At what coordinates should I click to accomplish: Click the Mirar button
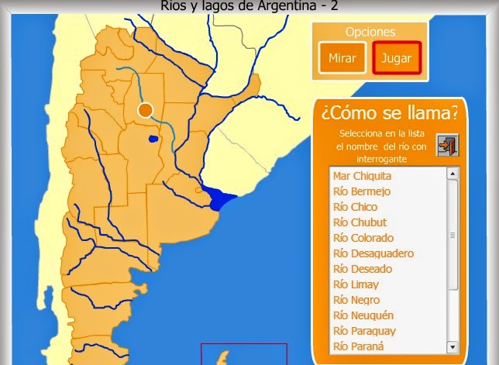[342, 57]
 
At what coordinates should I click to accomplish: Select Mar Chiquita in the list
[362, 176]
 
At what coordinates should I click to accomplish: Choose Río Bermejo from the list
[361, 191]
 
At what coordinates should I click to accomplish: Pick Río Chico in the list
[355, 207]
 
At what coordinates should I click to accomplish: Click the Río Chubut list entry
[360, 222]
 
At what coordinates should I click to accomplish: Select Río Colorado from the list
[363, 238]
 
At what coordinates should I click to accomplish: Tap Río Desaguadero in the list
[373, 253]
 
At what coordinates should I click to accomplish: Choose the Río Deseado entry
[363, 269]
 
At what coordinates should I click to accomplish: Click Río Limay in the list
[356, 284]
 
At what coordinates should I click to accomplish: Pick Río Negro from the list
[356, 300]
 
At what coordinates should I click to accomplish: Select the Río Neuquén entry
[363, 315]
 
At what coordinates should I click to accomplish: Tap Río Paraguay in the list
[363, 331]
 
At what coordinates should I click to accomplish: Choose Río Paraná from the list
[358, 346]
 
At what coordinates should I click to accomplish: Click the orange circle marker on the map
[145, 110]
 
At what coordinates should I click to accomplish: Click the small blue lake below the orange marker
[153, 139]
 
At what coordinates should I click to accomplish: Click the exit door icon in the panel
[446, 145]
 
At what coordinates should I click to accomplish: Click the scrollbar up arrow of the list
[453, 174]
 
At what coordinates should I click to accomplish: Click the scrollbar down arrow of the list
[453, 347]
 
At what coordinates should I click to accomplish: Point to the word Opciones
[370, 33]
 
